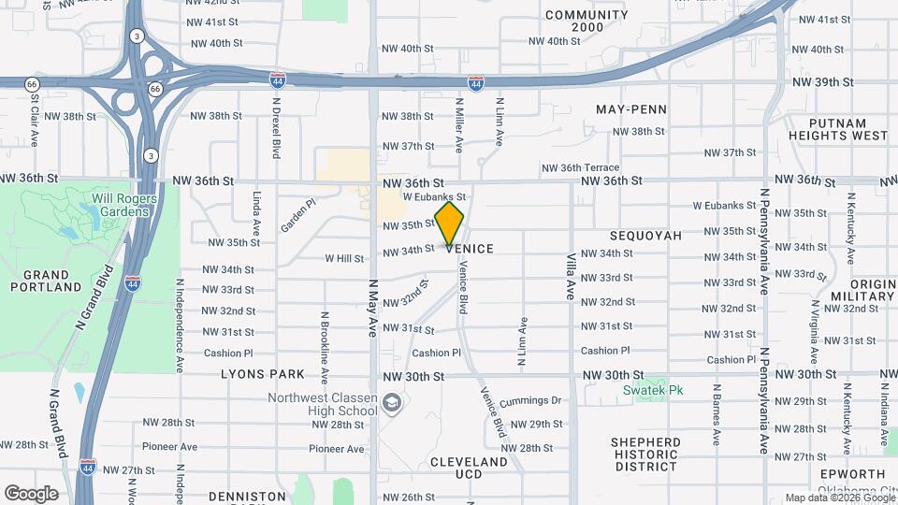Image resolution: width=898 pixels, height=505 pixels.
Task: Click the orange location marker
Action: point(450,224)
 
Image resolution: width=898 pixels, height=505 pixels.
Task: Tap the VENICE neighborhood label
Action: point(470,249)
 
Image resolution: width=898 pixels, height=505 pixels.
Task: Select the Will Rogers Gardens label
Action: point(121,204)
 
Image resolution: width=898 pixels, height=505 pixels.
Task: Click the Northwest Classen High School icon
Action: point(394,404)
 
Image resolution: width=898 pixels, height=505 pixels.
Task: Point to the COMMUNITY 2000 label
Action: point(587,21)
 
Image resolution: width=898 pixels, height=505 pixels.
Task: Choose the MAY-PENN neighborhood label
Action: point(631,109)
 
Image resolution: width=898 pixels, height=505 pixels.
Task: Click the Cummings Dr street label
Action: point(529,400)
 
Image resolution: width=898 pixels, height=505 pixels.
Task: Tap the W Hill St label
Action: point(344,258)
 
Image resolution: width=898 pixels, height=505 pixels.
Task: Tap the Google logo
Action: point(31,493)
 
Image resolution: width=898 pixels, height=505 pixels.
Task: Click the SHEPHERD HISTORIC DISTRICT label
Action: point(645,454)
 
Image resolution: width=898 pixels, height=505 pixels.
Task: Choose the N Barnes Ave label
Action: point(716,412)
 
